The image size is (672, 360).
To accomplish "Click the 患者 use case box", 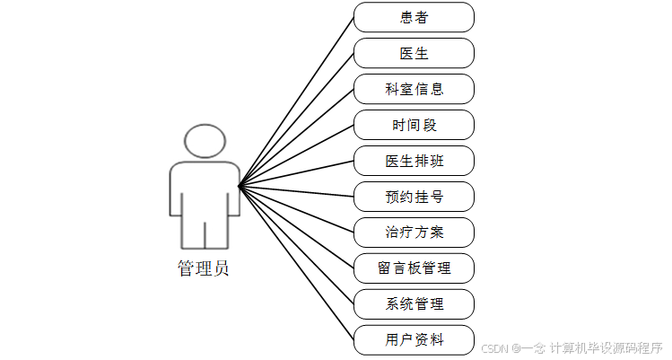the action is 414,17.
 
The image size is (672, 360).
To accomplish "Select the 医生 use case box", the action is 414,53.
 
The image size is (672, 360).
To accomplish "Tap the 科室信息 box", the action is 414,89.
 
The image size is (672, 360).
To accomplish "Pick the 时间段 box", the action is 414,125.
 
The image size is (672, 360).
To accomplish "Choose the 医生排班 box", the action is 414,161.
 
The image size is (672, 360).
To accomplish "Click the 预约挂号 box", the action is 414,197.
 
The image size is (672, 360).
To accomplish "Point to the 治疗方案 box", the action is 414,233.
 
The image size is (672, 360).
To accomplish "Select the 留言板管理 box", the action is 414,268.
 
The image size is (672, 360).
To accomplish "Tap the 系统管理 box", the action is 414,304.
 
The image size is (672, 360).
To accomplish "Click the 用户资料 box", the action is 414,340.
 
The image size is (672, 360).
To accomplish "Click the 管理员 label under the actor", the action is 203,268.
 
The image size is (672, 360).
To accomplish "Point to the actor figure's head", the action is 205,142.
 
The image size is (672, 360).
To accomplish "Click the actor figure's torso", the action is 205,193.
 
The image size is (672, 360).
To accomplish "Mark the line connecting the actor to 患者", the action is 296,101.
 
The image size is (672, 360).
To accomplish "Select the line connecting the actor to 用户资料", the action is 296,264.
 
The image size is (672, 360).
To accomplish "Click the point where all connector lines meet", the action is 239,187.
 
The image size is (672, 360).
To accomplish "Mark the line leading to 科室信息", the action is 296,137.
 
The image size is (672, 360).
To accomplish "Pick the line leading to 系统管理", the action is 296,245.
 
